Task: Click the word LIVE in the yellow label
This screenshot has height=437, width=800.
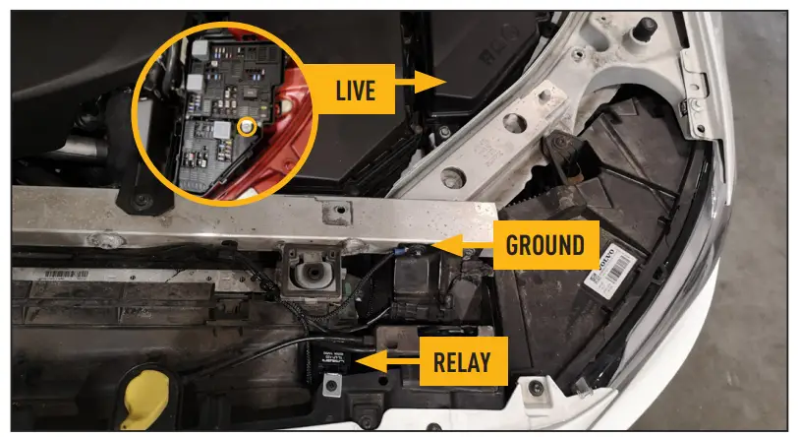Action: click(x=355, y=92)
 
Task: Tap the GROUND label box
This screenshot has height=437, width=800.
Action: click(x=543, y=245)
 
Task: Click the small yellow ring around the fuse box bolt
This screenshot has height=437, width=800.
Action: click(x=247, y=126)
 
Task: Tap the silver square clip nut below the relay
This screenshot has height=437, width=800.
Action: click(x=331, y=387)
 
